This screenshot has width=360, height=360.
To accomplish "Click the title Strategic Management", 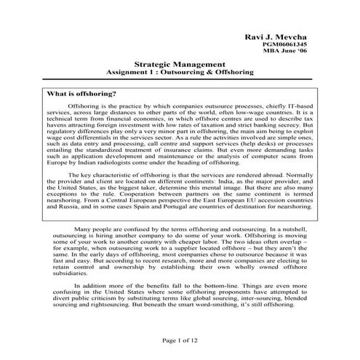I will (180, 65).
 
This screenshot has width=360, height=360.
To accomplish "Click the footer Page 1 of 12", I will (180, 341).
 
